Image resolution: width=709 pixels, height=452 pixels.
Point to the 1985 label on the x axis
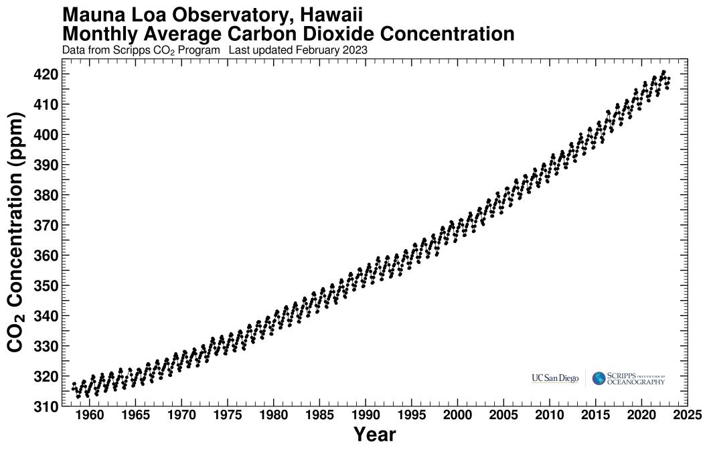[x=319, y=415]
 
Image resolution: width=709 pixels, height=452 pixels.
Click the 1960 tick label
[x=89, y=415]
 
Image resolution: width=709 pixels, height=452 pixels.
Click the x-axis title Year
[x=374, y=435]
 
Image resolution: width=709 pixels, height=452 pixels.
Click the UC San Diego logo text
[x=555, y=379]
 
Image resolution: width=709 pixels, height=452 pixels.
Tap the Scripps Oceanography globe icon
[x=599, y=379]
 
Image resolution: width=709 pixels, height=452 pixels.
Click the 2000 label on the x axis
[x=457, y=415]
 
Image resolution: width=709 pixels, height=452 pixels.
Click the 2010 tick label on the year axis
[x=550, y=415]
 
